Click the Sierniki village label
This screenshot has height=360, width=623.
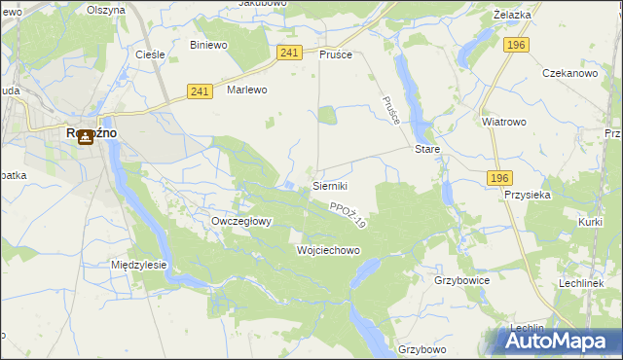pos(329,185)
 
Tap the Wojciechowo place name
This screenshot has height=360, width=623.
pos(328,250)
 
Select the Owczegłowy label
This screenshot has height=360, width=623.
pos(241,221)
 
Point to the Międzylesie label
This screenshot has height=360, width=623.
pos(139,265)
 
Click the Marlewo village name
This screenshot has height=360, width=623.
pos(246,90)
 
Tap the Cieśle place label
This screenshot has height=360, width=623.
pos(149,54)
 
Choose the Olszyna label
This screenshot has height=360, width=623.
pos(106,9)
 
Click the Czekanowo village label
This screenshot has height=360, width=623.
pos(569,74)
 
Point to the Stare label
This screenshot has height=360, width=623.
pos(428,150)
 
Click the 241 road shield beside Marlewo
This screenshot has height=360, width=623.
pos(201,91)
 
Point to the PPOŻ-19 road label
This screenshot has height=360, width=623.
pos(347,215)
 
